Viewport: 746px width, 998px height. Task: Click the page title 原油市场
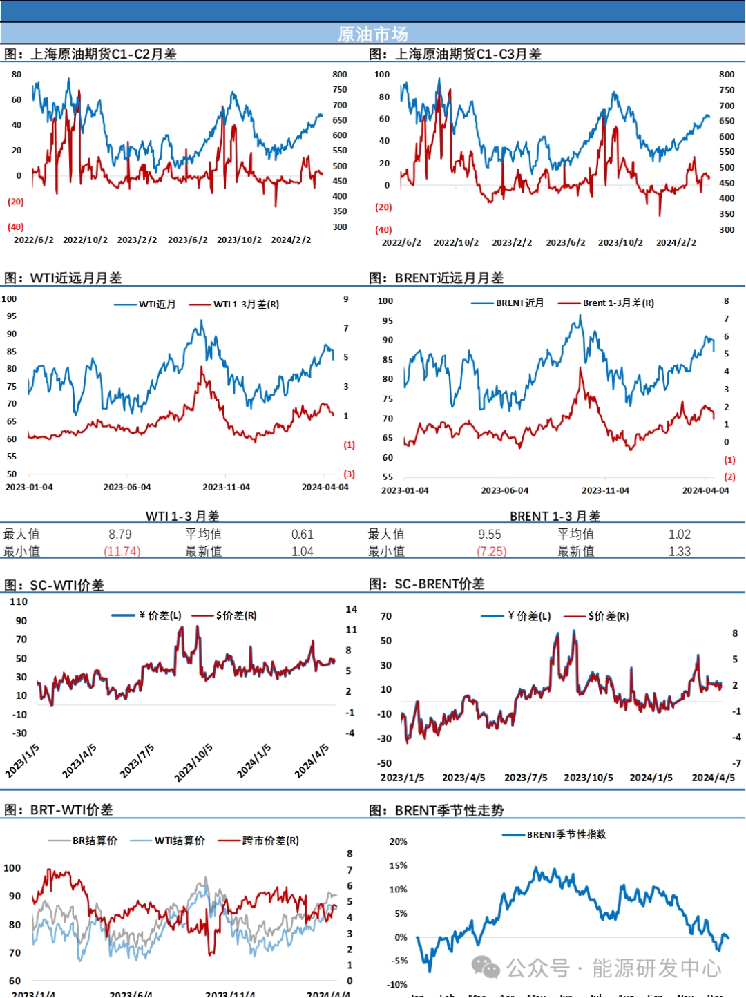point(373,34)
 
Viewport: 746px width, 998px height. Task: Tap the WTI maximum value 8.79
point(120,534)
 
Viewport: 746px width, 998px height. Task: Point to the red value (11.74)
point(122,551)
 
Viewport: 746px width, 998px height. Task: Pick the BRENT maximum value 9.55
point(490,534)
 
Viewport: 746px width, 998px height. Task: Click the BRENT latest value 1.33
point(679,551)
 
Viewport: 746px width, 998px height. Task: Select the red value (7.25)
point(491,551)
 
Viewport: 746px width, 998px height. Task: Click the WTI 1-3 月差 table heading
point(182,516)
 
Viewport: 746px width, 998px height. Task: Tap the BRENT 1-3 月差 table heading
point(555,516)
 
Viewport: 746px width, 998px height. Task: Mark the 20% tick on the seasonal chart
point(398,841)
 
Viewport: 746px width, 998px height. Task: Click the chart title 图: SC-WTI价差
point(54,585)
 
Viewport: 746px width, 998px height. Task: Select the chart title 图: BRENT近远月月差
point(436,278)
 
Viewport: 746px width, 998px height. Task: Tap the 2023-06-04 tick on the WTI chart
point(127,487)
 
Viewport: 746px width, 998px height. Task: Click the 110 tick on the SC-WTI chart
point(19,602)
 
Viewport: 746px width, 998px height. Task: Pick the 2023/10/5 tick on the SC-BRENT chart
point(588,777)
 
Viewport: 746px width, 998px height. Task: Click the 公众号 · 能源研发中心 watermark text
point(613,968)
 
